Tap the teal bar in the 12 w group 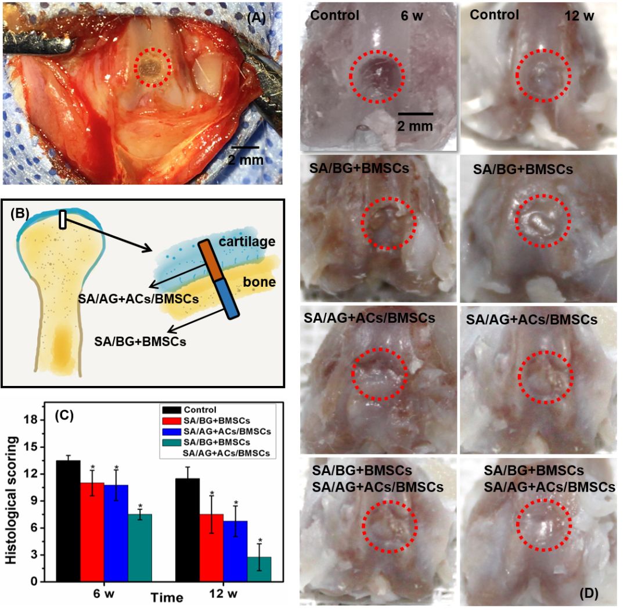pyautogui.click(x=259, y=569)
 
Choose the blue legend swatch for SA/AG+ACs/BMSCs pyautogui.click(x=169, y=431)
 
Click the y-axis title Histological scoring pyautogui.click(x=12, y=493)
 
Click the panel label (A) pyautogui.click(x=256, y=17)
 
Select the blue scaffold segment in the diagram pyautogui.click(x=227, y=298)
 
